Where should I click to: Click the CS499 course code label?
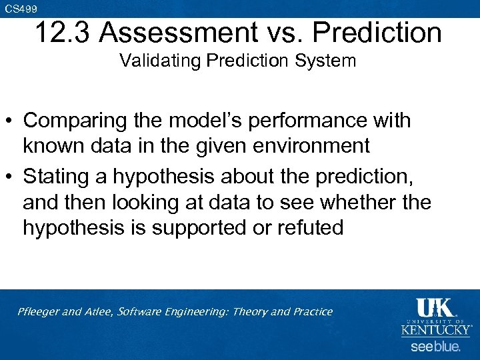(21, 8)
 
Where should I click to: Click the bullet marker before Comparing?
(11, 121)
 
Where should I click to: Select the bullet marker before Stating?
(11, 177)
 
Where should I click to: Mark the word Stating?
(56, 177)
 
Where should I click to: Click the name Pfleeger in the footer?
(39, 312)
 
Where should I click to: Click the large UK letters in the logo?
(435, 307)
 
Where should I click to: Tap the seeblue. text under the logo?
(435, 347)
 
